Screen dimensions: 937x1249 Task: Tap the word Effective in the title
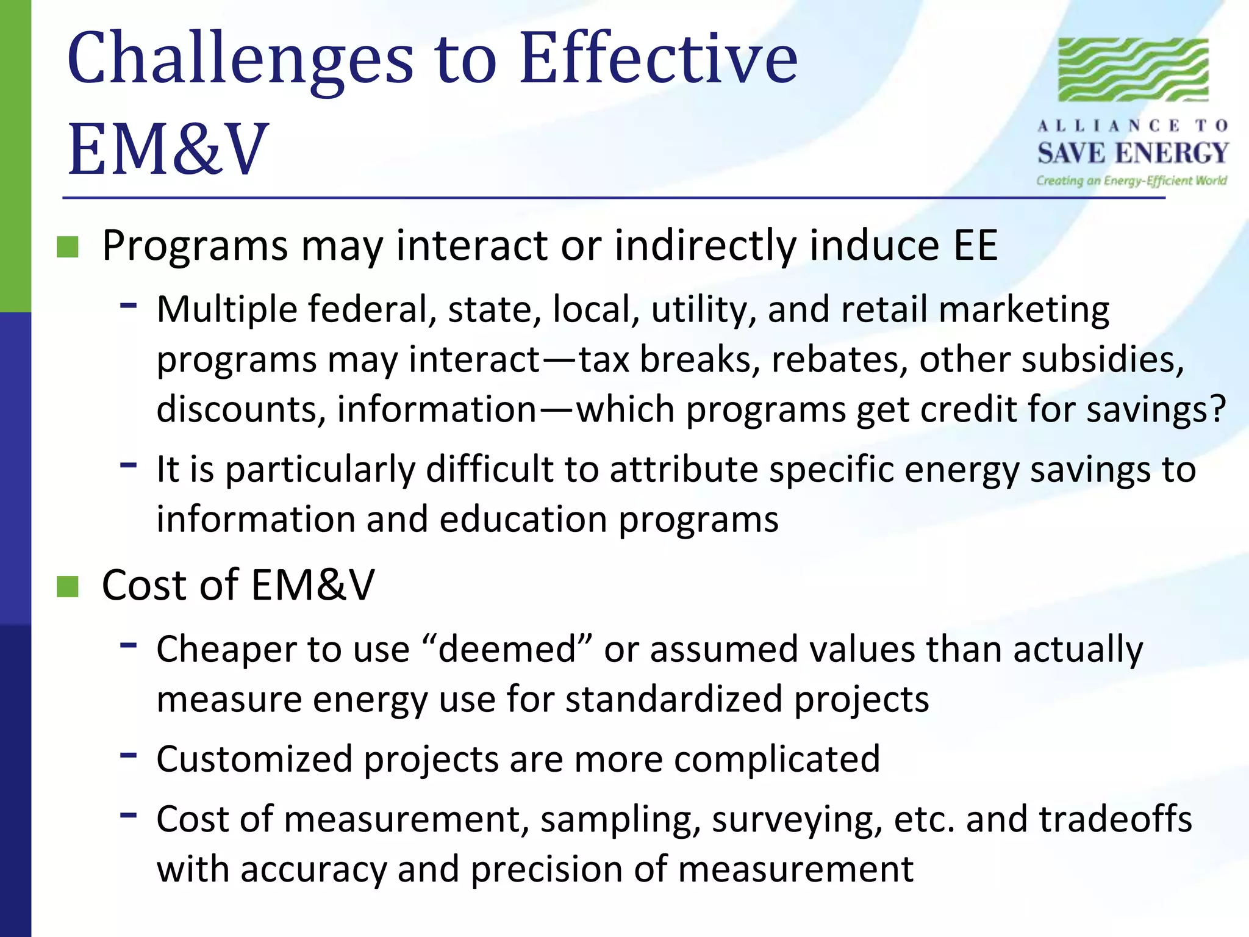click(x=659, y=60)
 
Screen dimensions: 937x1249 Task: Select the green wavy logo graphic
click(x=1133, y=69)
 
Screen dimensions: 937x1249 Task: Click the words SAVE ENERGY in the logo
click(x=1133, y=153)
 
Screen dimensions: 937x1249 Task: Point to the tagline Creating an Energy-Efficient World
click(x=1131, y=181)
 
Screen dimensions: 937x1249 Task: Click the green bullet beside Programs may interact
click(x=68, y=247)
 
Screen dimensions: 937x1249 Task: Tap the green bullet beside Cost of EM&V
click(x=68, y=586)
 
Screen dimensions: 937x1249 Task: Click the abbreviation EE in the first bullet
click(x=975, y=246)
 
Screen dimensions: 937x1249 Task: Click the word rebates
click(x=835, y=359)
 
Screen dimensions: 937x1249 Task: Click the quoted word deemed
click(x=506, y=649)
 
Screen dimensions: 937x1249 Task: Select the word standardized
click(x=673, y=699)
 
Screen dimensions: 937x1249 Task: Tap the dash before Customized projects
click(x=128, y=755)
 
